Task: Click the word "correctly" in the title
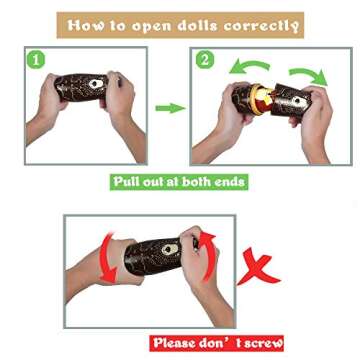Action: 261,26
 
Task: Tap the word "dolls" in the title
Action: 198,25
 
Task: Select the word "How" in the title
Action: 84,25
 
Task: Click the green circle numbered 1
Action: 36,60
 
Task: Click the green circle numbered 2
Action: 204,60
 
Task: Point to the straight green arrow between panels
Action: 170,108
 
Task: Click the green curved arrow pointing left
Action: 248,66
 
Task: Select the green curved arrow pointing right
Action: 308,75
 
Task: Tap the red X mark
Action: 257,269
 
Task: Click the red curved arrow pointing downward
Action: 106,258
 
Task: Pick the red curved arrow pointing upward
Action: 209,255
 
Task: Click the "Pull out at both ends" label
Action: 179,182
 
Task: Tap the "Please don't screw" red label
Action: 217,343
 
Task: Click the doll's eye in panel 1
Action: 96,84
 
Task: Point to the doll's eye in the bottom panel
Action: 170,249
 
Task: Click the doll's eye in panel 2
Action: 297,100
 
